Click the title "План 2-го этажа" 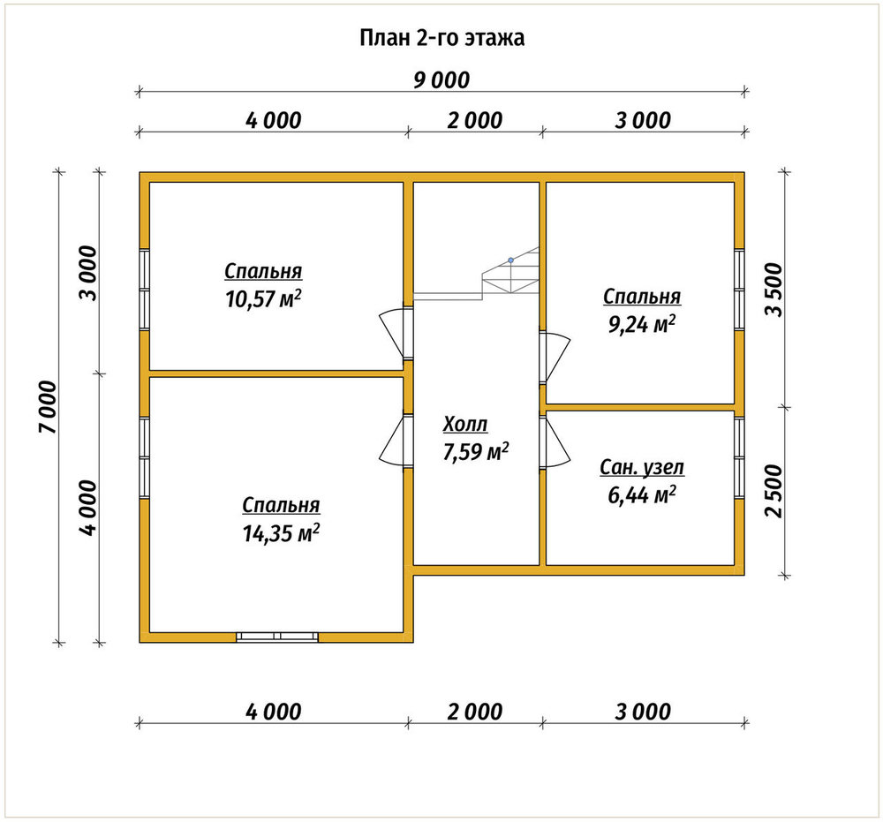coord(442,38)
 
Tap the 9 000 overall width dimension coord(441,80)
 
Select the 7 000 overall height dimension coord(49,407)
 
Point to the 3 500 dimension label coord(775,290)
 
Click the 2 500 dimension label coord(775,490)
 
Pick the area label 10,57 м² coord(263,299)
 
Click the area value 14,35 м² coord(281,533)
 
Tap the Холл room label coord(465,424)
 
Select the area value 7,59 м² coord(476,452)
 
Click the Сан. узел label coord(642,467)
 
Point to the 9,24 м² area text coord(642,325)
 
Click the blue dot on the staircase coord(510,260)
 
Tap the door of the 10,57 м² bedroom coord(396,333)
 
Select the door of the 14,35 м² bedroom coord(396,441)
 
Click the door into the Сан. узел coord(555,441)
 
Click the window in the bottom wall coord(277,637)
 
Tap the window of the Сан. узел coord(739,458)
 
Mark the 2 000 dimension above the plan coord(475,120)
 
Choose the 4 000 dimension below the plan coord(274,712)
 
